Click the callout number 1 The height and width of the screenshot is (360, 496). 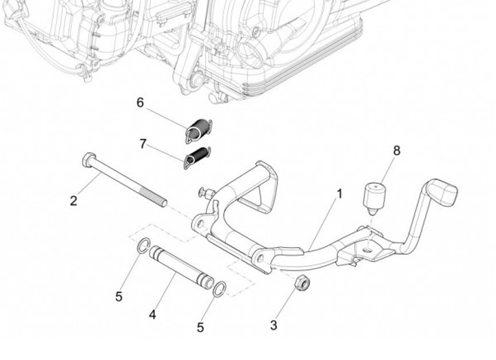[339, 195]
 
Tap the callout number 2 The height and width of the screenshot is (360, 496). [74, 202]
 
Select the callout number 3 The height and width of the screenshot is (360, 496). [273, 325]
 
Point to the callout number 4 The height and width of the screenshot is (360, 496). [152, 314]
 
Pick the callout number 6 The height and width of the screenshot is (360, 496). [140, 103]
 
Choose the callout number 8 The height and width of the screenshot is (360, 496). [396, 149]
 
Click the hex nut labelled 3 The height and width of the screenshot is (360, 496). [301, 282]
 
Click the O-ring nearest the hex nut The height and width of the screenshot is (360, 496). [220, 288]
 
